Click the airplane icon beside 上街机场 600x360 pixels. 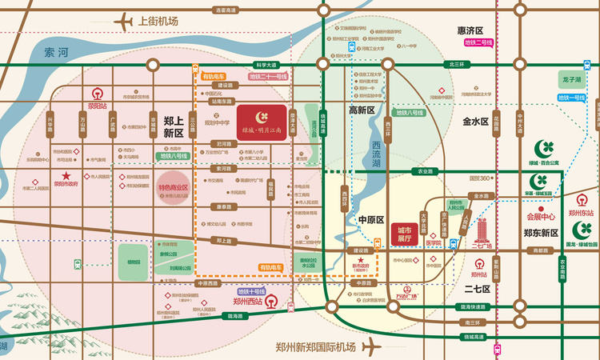[125, 21]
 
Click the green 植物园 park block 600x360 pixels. [133, 262]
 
